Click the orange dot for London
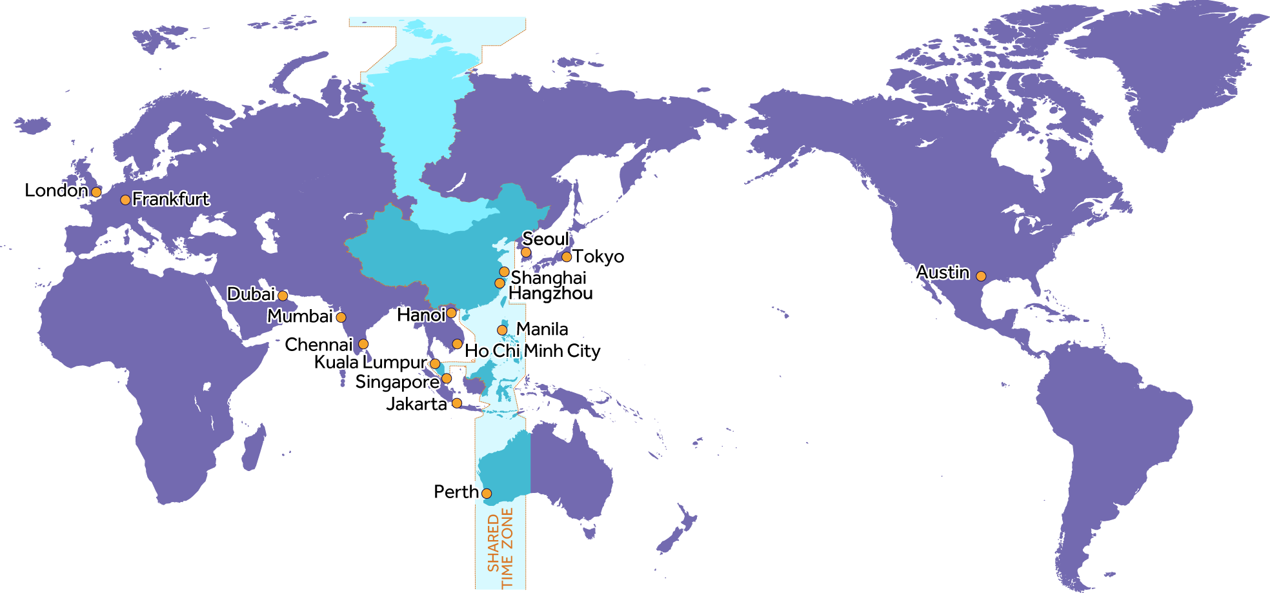tap(96, 192)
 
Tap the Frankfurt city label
tap(171, 199)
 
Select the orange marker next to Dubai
tap(283, 296)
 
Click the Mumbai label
tap(300, 316)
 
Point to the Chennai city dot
tap(363, 344)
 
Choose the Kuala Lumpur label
tap(371, 363)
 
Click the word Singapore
tap(397, 382)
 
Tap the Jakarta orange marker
tap(457, 403)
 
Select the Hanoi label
tap(421, 315)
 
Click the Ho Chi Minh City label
tap(533, 351)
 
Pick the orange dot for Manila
tap(502, 330)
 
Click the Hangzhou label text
tap(551, 294)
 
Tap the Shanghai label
tap(549, 278)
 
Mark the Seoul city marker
tap(526, 252)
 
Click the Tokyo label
tap(599, 257)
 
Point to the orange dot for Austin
tap(981, 276)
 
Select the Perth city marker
tap(487, 494)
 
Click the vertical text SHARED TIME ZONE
tap(500, 548)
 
